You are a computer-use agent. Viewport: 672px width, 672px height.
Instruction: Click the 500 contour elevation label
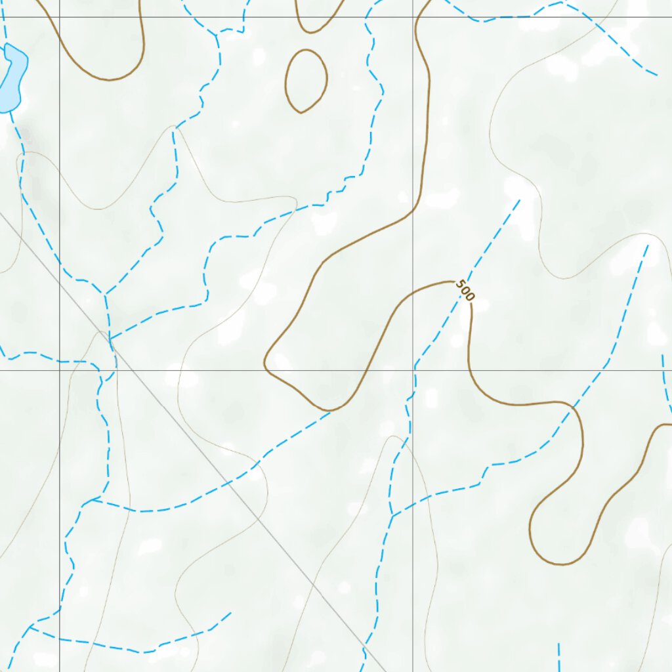(464, 290)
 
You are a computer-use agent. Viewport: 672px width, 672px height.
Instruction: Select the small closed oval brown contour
(306, 81)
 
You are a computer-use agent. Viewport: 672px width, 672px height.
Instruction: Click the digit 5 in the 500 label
(459, 285)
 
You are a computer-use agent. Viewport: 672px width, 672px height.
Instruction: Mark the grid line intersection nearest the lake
(60, 17)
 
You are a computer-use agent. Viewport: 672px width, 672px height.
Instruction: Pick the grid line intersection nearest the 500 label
(413, 370)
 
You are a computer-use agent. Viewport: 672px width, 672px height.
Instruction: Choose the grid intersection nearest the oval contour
(413, 17)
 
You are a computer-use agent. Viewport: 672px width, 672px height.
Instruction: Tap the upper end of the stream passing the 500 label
(520, 200)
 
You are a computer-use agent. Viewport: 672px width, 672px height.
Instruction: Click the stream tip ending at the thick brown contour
(330, 411)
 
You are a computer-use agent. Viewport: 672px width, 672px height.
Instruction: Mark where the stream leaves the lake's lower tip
(10, 113)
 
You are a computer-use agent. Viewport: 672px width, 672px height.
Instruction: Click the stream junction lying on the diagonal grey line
(110, 339)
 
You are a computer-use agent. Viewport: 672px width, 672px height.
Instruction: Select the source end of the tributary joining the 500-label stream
(647, 246)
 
